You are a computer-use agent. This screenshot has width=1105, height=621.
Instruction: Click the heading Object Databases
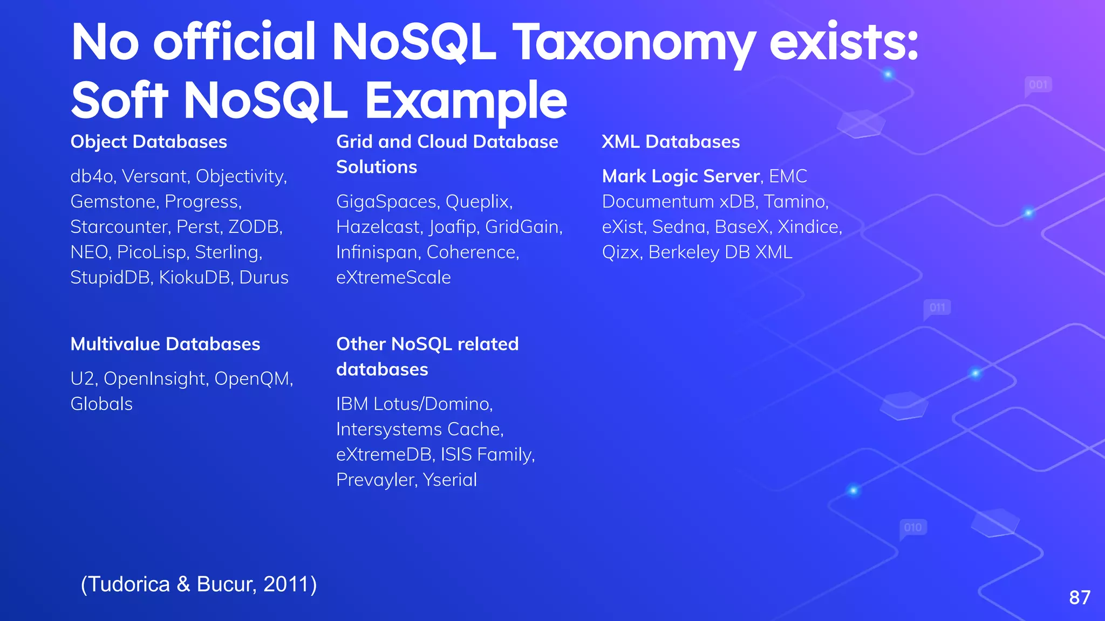click(148, 142)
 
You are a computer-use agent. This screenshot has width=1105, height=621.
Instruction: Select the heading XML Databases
click(671, 142)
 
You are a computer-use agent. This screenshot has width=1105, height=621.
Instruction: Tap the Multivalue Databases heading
click(165, 344)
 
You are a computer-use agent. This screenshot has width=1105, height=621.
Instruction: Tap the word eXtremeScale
click(393, 278)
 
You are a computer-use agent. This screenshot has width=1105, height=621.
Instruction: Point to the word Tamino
click(795, 202)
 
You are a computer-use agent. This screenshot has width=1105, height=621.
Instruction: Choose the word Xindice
click(809, 227)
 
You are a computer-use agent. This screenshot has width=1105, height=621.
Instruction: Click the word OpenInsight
click(155, 379)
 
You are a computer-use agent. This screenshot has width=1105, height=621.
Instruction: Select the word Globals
click(101, 404)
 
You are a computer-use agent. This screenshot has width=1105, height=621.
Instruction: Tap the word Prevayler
click(376, 480)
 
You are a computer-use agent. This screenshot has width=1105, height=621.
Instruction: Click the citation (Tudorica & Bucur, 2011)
click(199, 584)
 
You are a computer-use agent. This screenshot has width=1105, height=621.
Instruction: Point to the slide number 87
click(1080, 597)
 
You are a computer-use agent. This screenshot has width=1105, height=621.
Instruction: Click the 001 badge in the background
click(1038, 85)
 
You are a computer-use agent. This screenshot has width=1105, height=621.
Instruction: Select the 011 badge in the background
click(937, 308)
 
